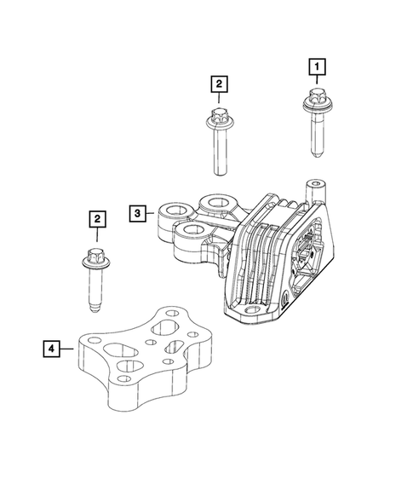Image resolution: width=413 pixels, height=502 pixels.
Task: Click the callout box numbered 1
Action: (x=316, y=65)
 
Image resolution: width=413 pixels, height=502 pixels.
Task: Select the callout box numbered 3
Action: (x=138, y=212)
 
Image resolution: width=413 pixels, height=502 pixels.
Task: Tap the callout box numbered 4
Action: (x=53, y=348)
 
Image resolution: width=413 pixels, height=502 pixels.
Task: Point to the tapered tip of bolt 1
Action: (x=317, y=154)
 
